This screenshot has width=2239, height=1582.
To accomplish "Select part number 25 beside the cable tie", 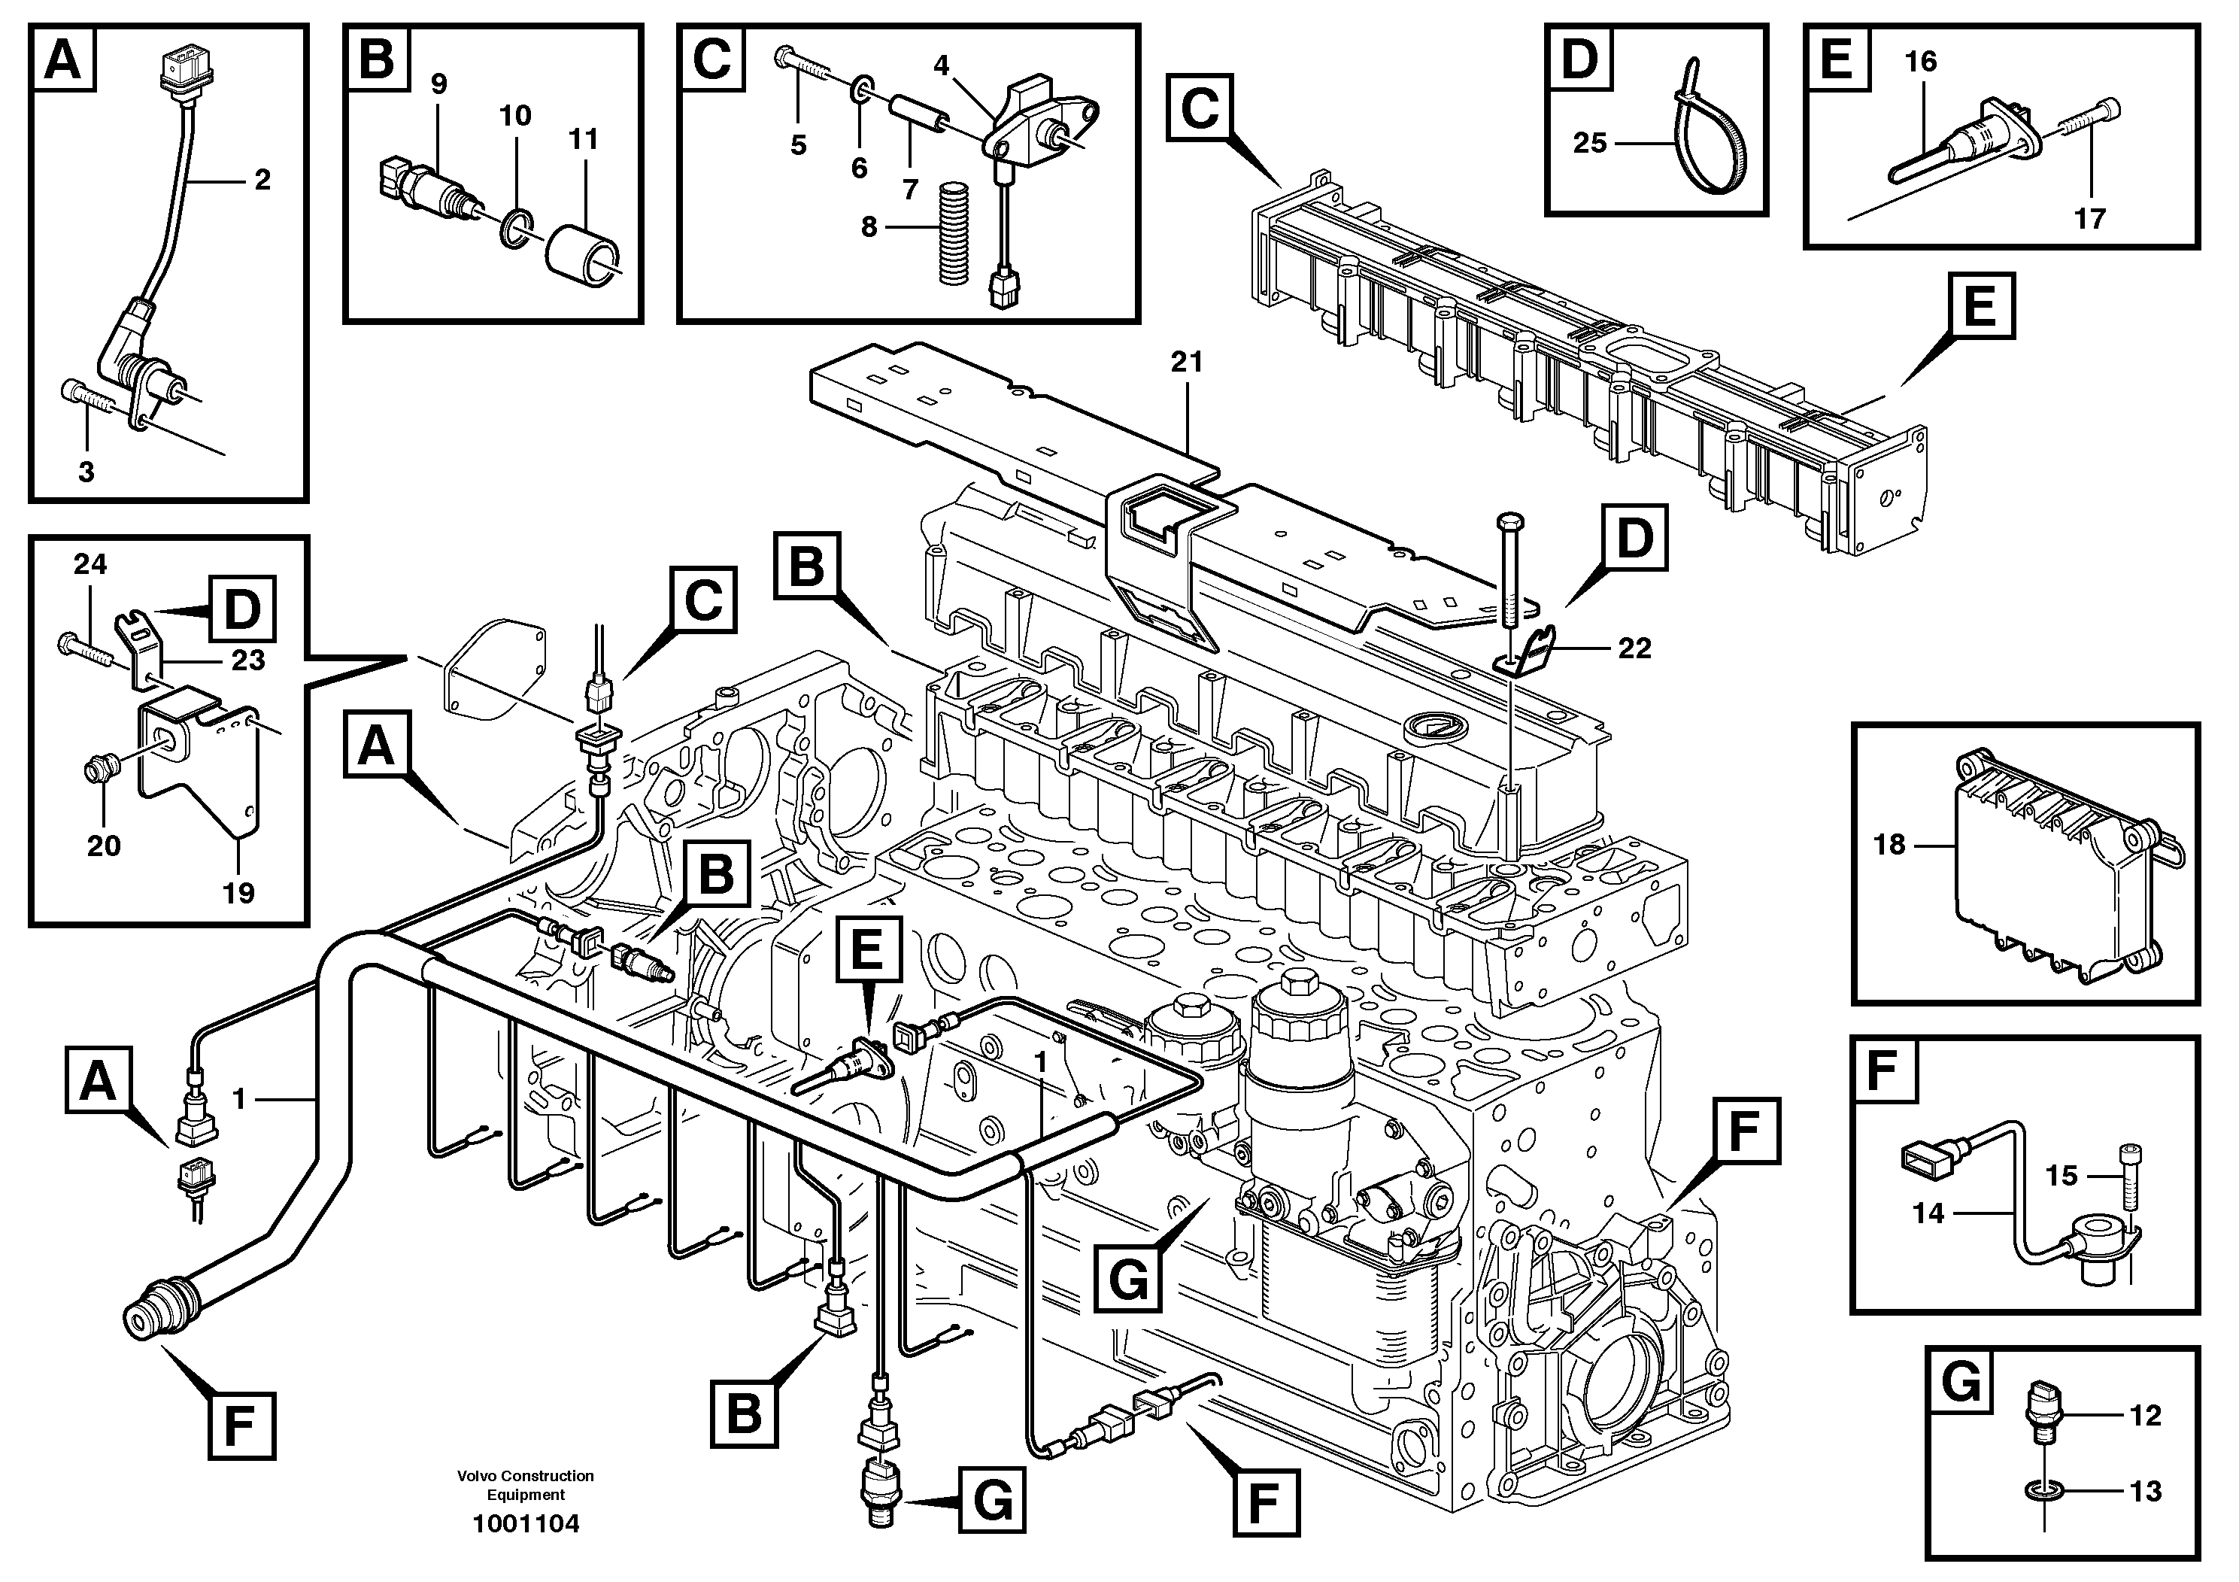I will (1589, 144).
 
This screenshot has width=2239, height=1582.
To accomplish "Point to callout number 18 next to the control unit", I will (1889, 845).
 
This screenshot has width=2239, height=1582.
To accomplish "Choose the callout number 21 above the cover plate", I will (1187, 363).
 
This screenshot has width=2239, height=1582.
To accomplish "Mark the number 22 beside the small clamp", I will (1634, 648).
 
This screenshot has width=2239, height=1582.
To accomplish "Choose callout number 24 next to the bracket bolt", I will (89, 563).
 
